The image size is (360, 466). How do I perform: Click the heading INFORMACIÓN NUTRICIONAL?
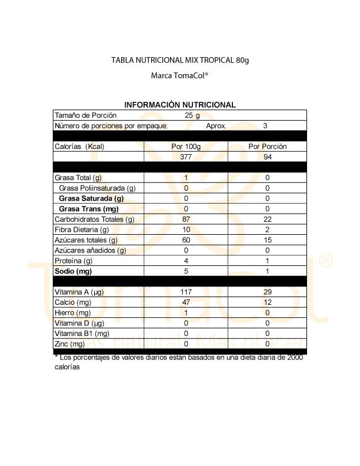[180, 105]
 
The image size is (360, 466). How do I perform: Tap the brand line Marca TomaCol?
[180, 76]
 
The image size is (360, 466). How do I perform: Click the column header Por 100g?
[186, 147]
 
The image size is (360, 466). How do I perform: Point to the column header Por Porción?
[268, 147]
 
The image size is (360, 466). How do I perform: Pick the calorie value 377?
[186, 157]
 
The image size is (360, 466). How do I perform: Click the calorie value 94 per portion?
[268, 157]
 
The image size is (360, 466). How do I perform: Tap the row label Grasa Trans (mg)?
[89, 209]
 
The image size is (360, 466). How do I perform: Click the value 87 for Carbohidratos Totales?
[186, 219]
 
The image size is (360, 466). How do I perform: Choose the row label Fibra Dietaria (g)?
[82, 229]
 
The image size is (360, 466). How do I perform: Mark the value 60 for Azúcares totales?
[186, 240]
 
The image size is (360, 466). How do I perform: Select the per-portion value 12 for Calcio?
[268, 302]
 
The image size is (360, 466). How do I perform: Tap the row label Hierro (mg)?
[74, 313]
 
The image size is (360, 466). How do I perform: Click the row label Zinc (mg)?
[70, 344]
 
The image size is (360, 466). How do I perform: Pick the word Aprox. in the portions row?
[216, 126]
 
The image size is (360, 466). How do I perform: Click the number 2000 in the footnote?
[295, 358]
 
